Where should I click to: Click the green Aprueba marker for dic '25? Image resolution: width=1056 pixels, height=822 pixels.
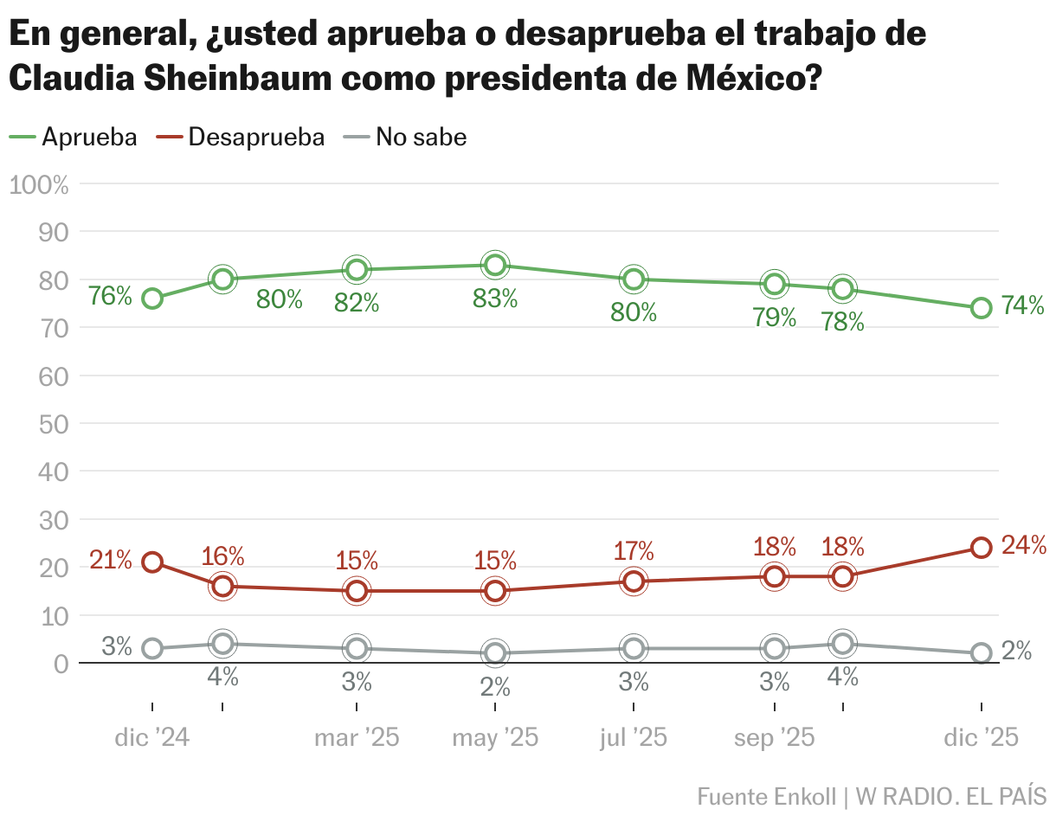981,308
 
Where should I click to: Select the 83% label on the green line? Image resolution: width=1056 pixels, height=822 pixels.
495,299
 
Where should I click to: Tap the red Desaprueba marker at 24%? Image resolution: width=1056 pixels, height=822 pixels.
981,548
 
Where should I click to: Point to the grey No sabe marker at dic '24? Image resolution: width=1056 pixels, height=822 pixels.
152,649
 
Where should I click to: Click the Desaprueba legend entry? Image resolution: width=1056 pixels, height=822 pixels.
244,137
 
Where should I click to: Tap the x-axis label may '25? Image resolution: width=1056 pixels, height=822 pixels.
495,738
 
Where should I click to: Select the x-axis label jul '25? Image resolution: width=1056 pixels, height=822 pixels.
634,738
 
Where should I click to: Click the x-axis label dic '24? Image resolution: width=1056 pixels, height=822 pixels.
152,738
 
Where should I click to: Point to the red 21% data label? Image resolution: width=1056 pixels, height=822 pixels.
111,561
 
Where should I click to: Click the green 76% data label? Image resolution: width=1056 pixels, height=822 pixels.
111,297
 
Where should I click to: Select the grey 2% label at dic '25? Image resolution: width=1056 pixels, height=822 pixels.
1016,652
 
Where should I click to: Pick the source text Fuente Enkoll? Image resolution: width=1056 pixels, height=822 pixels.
767,796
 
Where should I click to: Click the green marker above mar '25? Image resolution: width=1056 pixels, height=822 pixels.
356,270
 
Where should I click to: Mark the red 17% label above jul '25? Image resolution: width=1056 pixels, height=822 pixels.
634,551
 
